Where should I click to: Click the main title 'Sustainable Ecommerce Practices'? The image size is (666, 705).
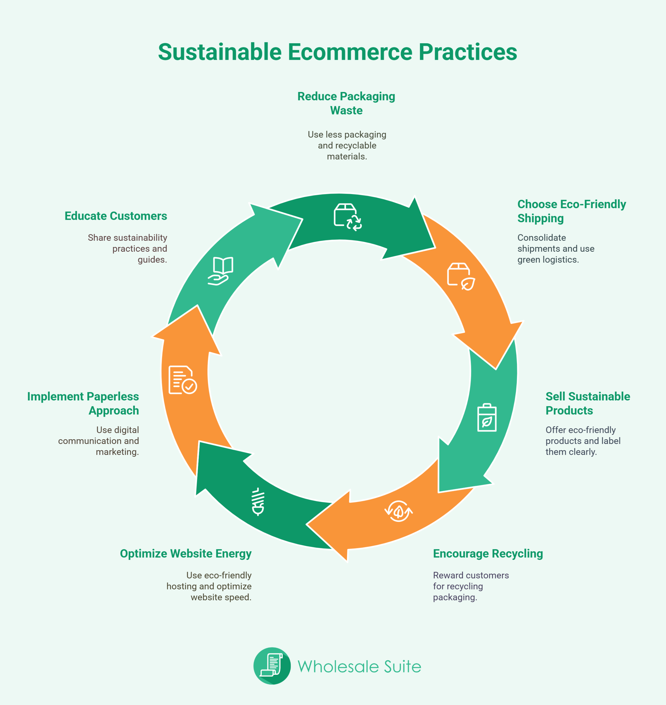click(337, 52)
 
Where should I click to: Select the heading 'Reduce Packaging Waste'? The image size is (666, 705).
click(346, 103)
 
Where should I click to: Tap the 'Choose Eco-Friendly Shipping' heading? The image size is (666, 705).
click(572, 211)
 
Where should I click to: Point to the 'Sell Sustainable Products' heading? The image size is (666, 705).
click(588, 403)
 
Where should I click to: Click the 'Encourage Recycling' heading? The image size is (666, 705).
click(488, 554)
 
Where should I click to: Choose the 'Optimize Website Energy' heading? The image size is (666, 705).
click(186, 554)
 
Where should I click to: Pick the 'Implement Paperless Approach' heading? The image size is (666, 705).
click(83, 403)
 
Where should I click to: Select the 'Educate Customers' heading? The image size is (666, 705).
click(116, 216)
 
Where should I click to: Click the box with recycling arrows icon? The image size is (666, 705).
click(348, 217)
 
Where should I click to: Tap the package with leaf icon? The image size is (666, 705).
click(461, 276)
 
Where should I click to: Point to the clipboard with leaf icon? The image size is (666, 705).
click(487, 417)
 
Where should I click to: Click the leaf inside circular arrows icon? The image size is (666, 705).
click(399, 511)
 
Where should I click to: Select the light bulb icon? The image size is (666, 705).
click(258, 501)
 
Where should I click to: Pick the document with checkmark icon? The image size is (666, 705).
click(183, 380)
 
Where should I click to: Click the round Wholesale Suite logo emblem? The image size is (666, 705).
click(272, 666)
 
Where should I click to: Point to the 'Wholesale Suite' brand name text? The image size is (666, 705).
click(359, 666)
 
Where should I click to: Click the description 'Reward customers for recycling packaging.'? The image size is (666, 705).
click(471, 586)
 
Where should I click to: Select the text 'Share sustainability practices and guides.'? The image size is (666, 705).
click(128, 248)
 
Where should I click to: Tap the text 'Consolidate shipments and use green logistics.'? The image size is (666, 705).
click(556, 248)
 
